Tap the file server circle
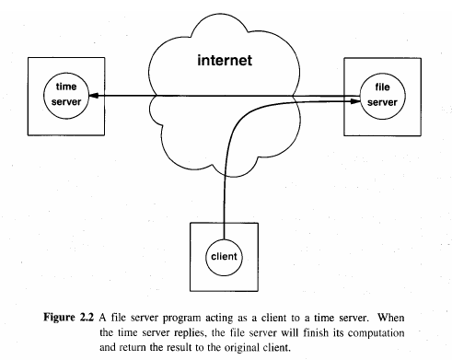375,93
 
